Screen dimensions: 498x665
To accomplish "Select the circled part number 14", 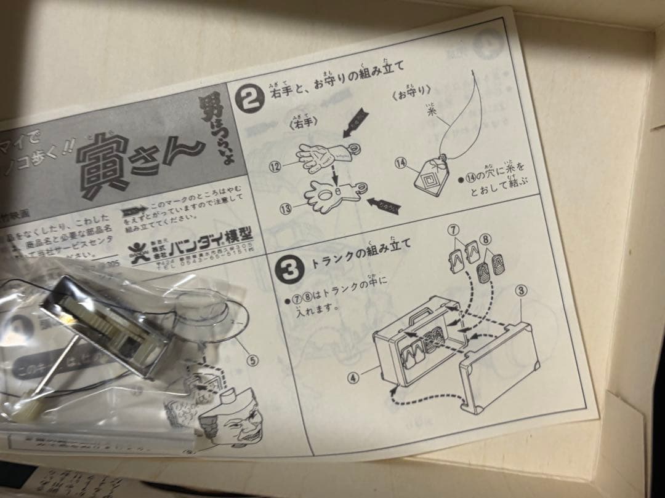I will point(401,162).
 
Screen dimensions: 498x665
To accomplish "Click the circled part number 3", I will point(522,292).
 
